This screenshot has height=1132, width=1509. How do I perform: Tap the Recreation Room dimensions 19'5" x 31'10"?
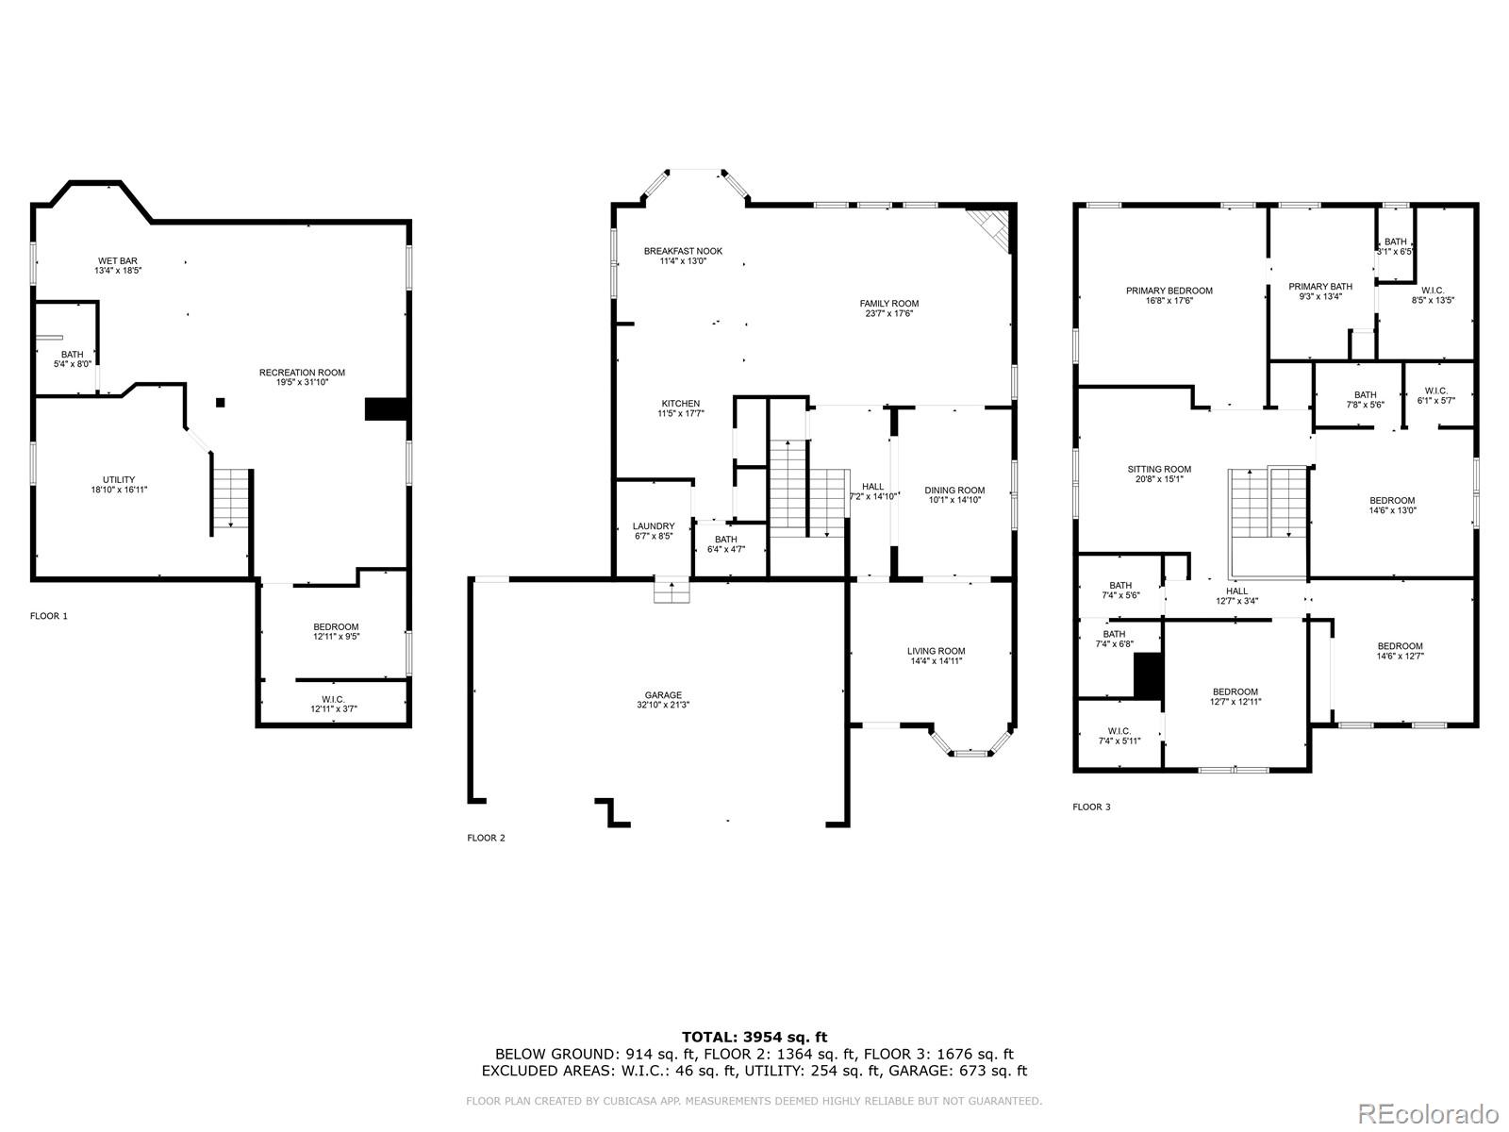click(x=302, y=383)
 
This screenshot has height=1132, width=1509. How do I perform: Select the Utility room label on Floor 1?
click(x=119, y=479)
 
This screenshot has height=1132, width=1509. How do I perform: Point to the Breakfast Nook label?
click(x=683, y=251)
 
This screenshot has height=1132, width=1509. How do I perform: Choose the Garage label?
click(x=663, y=695)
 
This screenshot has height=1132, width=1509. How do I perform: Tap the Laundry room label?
click(x=654, y=526)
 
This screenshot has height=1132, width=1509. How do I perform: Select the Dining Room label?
click(x=954, y=491)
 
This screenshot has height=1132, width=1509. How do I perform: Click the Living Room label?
click(x=936, y=651)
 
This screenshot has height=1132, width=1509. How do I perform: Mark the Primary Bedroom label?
click(x=1169, y=291)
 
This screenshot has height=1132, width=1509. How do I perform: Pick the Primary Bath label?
click(x=1320, y=287)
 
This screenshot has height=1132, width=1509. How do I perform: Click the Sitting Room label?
click(x=1159, y=469)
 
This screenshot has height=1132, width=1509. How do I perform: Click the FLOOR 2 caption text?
click(x=486, y=838)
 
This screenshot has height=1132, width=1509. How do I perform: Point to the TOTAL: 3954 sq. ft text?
click(x=754, y=1037)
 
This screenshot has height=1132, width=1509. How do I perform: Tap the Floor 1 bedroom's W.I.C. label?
click(x=334, y=699)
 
